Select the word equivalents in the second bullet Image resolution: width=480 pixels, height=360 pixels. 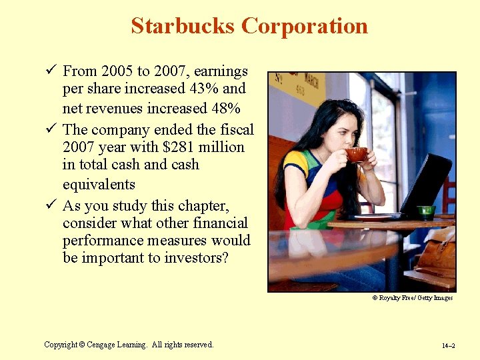coord(99,184)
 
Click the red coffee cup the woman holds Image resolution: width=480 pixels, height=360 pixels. coord(356,155)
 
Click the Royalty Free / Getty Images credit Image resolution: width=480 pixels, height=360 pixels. coord(412,298)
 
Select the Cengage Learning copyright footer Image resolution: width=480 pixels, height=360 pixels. coord(129,345)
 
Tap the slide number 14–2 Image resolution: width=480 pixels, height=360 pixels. coord(447,346)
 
